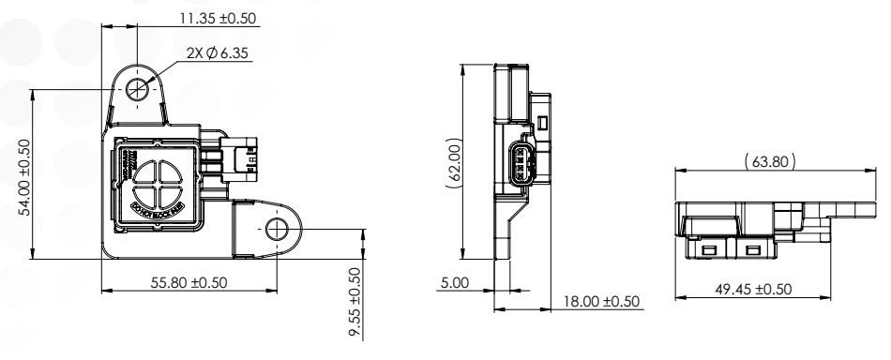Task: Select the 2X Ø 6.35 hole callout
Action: pos(204,53)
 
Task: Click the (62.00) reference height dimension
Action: pos(453,163)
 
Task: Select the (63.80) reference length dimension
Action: pos(769,161)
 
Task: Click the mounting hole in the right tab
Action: pos(277,230)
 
